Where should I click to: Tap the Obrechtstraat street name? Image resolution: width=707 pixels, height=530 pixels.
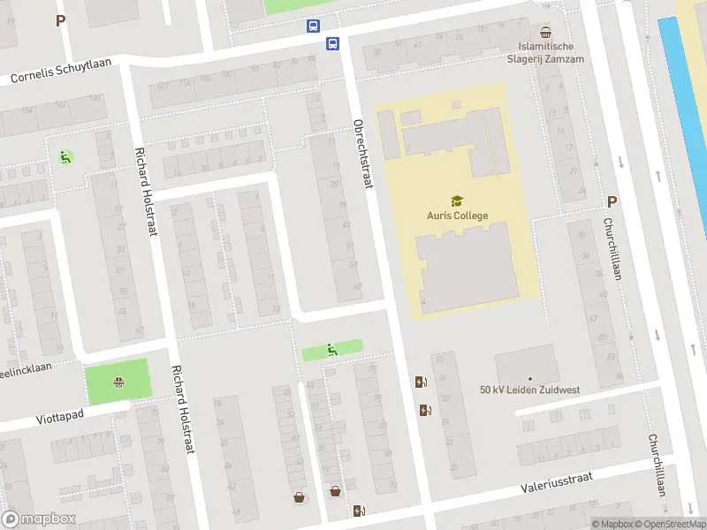[363, 153]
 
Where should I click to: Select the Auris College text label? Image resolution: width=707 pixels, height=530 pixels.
[457, 216]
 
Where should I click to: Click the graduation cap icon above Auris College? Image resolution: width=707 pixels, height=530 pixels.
[457, 201]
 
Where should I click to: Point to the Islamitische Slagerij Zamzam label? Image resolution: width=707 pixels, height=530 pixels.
[545, 51]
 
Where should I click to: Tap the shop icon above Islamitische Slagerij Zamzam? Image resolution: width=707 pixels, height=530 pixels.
[545, 30]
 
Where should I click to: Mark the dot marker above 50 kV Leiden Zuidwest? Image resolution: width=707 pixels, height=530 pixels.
[530, 378]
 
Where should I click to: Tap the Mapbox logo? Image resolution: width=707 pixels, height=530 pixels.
[39, 519]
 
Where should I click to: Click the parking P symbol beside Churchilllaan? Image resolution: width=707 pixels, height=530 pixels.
[612, 201]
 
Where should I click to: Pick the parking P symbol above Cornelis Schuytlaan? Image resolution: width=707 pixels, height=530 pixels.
[60, 20]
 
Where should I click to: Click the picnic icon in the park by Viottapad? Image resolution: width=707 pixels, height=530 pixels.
[118, 382]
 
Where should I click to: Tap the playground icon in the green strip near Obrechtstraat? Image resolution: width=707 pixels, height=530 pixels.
[332, 349]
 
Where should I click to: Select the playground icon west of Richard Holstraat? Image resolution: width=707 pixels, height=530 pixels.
[65, 157]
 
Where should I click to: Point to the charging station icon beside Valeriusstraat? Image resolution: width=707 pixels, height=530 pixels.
[359, 511]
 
